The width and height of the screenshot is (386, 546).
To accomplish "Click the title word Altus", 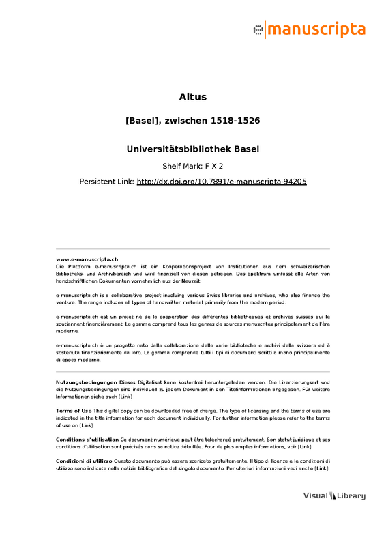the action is [192, 96].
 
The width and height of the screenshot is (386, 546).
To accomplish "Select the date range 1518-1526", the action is [236, 121].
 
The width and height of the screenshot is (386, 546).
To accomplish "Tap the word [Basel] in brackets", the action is [142, 121].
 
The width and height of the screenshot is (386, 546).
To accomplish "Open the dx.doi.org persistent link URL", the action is [222, 182].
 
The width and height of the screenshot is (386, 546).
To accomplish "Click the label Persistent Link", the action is [106, 182].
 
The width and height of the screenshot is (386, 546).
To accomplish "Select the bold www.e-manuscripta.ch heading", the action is [87, 259].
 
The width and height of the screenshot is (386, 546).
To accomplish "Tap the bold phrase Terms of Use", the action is [74, 410].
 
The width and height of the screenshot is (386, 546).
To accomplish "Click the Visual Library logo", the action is [334, 496].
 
